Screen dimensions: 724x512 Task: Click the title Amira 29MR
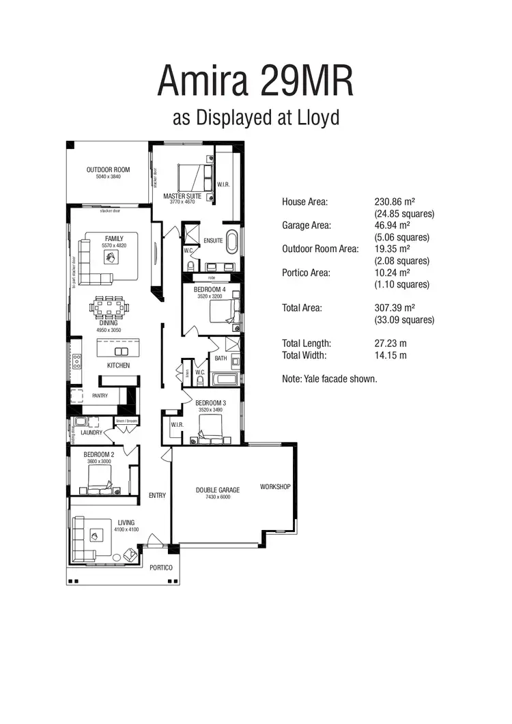pos(256,81)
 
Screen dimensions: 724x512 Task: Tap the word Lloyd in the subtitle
pos(317,117)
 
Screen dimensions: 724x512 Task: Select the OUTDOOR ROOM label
pos(108,170)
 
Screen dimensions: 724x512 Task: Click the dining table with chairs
pos(109,307)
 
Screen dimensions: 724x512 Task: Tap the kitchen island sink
pos(121,351)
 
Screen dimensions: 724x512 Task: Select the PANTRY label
pos(100,395)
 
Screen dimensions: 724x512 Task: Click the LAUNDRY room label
pos(91,432)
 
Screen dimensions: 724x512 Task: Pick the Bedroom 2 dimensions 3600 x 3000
pos(99,462)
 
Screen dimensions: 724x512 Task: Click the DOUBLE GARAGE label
pos(218,490)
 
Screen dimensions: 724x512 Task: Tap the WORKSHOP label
pos(275,487)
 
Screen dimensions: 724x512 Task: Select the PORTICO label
pos(160,568)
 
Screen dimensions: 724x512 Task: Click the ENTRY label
pos(157,495)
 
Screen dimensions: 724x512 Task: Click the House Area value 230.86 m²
pos(393,202)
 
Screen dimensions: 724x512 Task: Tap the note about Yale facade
pos(329,378)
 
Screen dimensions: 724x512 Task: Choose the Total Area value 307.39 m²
pos(393,308)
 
